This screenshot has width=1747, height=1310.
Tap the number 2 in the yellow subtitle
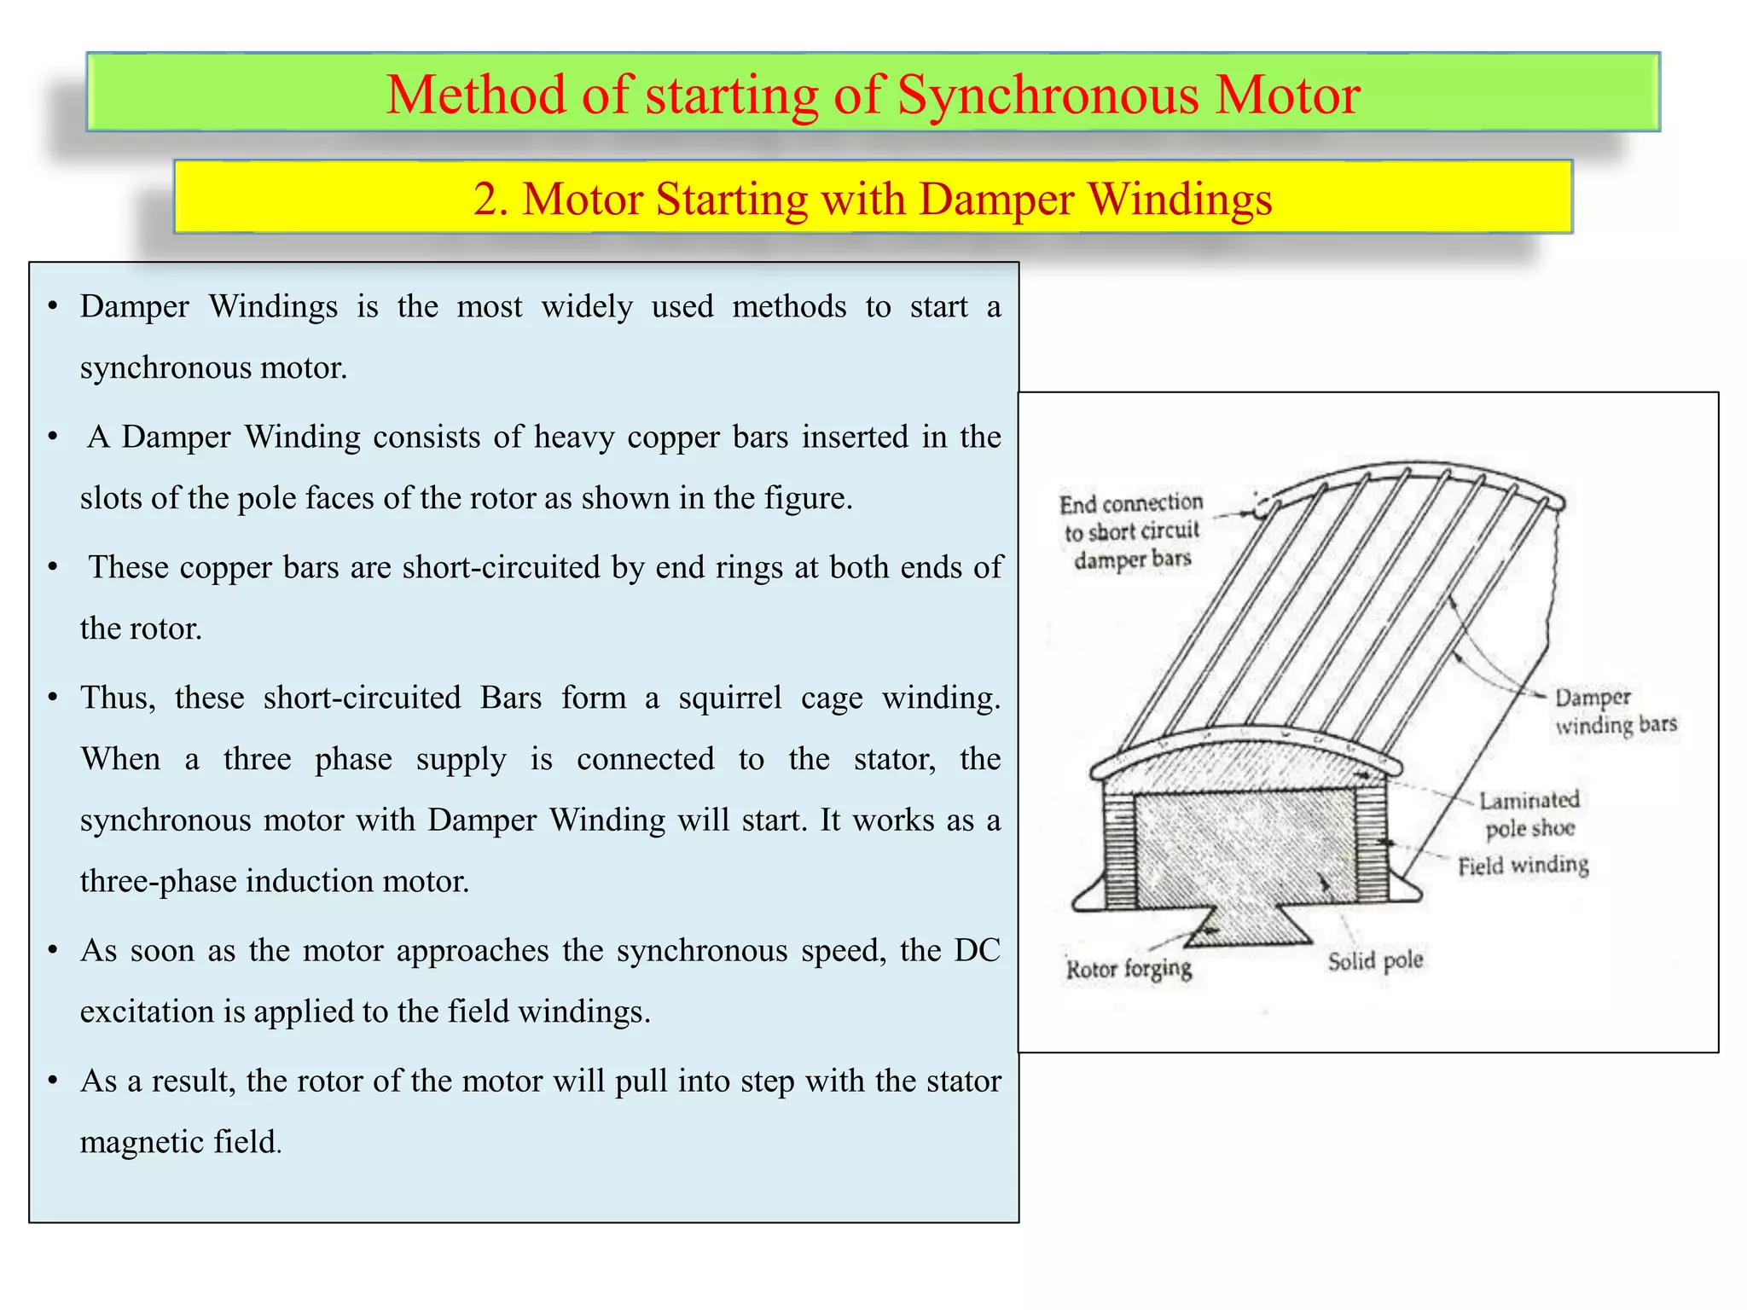485,200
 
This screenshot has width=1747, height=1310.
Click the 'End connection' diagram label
1131,503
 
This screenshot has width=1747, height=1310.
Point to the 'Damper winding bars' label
1615,711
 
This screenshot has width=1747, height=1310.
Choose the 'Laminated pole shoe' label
1529,814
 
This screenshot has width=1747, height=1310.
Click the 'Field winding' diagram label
1523,866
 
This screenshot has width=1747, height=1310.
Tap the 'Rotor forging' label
1129,969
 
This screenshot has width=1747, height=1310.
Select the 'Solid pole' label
1375,961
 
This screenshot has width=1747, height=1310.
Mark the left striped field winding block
1120,849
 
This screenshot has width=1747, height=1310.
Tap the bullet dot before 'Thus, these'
53,698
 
